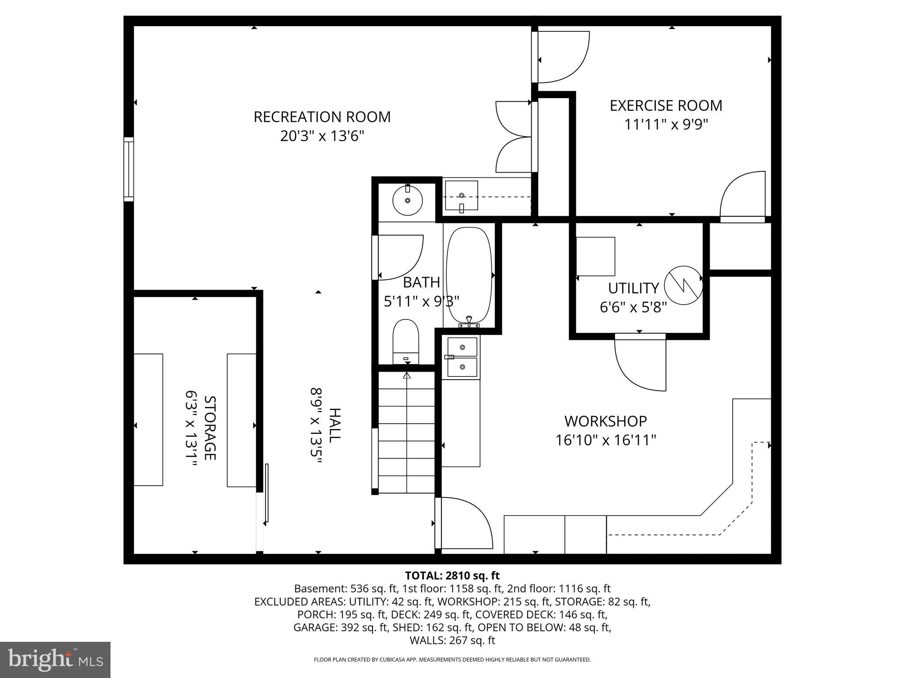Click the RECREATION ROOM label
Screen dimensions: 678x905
[x=322, y=117]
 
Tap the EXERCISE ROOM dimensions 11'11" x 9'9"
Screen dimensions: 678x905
[x=665, y=125]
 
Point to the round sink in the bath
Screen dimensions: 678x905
[x=407, y=200]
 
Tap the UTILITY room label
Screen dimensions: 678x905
[x=633, y=288]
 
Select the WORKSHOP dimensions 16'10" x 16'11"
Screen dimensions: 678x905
[x=605, y=441]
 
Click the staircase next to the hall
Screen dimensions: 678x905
[x=406, y=433]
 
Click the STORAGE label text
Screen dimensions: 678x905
[x=210, y=427]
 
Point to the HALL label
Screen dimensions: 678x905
[x=335, y=425]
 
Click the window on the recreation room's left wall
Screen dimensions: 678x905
[x=128, y=169]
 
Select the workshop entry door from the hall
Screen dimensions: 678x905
[x=464, y=523]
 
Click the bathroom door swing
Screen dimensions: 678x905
[x=398, y=257]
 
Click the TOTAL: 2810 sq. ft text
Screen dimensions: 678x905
[x=452, y=576]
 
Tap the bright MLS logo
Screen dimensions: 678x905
[x=55, y=659]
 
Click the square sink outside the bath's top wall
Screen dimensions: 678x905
[x=461, y=195]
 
